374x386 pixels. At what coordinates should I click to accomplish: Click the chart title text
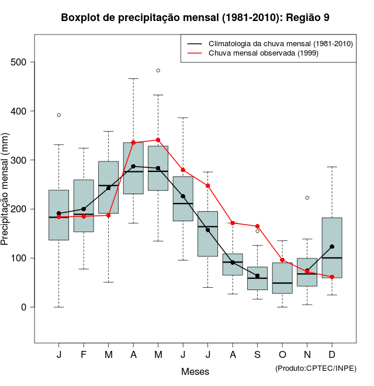195,18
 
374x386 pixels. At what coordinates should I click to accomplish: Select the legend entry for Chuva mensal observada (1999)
254,53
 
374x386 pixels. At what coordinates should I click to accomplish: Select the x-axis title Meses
195,371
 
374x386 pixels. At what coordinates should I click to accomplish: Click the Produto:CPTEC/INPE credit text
316,368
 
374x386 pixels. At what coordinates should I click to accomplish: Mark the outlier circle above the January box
59,115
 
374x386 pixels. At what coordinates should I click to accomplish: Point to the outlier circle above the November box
307,198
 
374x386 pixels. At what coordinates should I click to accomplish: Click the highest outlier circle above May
158,70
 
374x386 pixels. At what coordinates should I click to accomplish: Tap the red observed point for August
233,223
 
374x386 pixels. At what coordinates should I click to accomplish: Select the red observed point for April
133,142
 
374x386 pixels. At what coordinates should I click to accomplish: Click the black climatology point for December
332,247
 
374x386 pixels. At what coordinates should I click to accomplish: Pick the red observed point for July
207,185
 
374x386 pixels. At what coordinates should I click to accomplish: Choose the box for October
282,278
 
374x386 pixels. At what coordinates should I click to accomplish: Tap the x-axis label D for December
332,355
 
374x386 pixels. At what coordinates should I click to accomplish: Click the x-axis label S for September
257,355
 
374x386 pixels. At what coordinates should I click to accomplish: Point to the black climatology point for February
84,209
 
